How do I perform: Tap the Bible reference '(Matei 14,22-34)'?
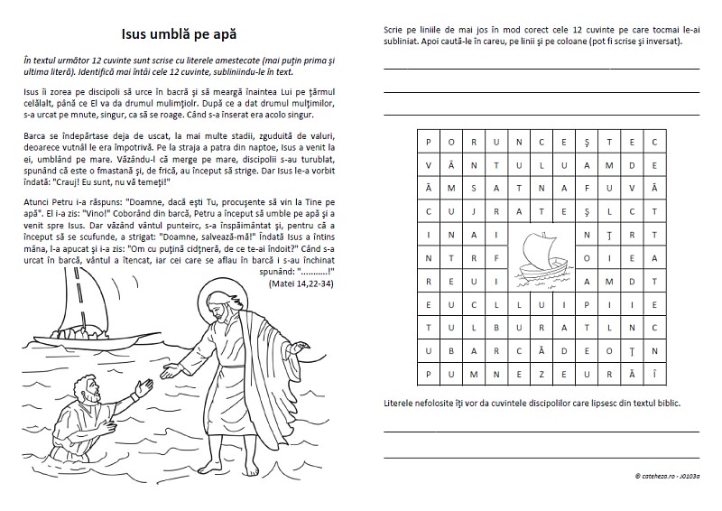301,283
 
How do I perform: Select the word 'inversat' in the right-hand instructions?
658,42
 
